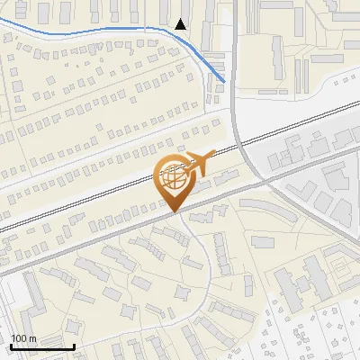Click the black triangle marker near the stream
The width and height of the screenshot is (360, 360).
[x=182, y=24]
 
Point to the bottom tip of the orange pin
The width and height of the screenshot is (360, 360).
[x=175, y=212]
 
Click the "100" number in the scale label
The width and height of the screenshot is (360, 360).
[x=18, y=338]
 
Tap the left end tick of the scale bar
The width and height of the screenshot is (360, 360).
[x=11, y=345]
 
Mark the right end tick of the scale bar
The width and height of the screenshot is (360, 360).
[x=74, y=345]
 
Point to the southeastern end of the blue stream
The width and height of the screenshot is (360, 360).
[x=224, y=82]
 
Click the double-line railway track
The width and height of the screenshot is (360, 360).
[x=108, y=193]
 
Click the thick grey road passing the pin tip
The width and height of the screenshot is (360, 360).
[x=108, y=235]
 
